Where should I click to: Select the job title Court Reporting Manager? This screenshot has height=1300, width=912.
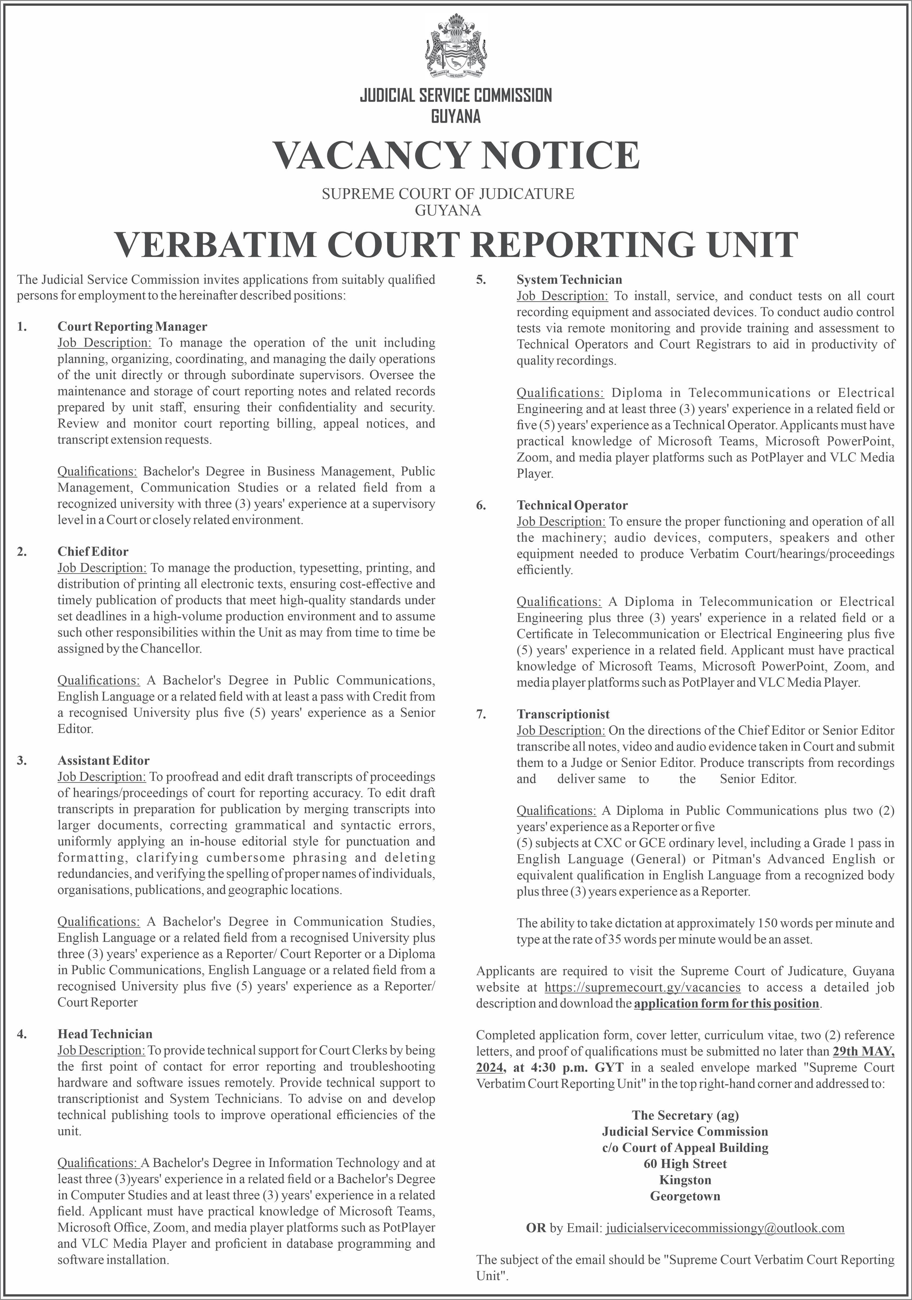coord(132,327)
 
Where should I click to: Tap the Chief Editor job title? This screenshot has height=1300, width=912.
coord(93,551)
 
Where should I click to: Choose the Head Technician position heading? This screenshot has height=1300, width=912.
coord(105,1034)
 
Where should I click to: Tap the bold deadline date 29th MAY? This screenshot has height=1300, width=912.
coord(863,1051)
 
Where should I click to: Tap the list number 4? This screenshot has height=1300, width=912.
coord(21,1034)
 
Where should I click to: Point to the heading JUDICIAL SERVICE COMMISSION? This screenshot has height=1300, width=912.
coord(456,95)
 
